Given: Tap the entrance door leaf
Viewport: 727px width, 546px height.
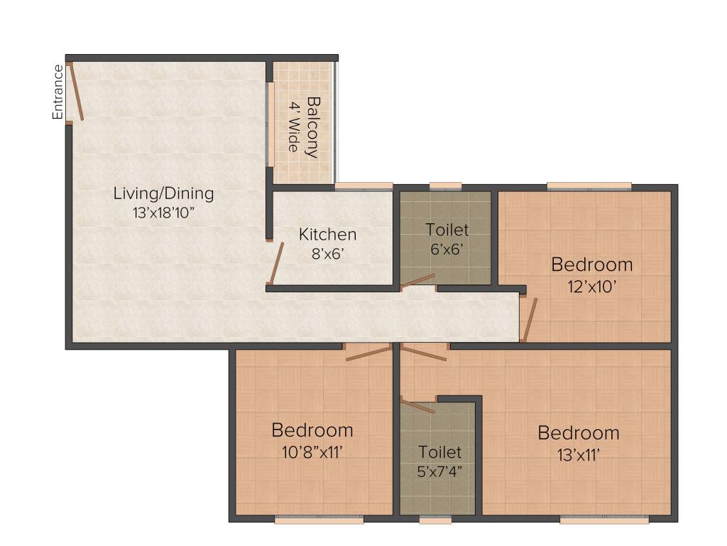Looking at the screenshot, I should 77,93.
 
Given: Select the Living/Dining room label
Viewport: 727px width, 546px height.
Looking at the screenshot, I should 164,193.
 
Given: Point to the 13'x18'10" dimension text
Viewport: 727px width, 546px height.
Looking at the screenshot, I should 164,211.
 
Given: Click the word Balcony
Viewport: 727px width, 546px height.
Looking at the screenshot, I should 312,127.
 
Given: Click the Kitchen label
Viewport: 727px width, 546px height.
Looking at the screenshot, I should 327,234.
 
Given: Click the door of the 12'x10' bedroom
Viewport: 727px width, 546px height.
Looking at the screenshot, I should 530,319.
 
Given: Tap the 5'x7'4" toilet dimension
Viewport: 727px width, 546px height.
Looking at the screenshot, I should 439,470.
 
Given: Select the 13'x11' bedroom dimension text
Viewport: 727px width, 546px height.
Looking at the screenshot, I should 578,452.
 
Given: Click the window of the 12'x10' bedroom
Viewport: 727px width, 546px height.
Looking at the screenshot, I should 589,186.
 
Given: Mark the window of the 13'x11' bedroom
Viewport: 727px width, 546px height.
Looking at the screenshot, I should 603,520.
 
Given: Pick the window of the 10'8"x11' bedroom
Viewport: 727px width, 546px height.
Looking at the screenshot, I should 319,520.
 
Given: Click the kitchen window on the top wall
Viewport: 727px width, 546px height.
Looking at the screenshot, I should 363,186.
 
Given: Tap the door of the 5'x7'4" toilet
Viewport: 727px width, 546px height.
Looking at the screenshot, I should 418,407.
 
